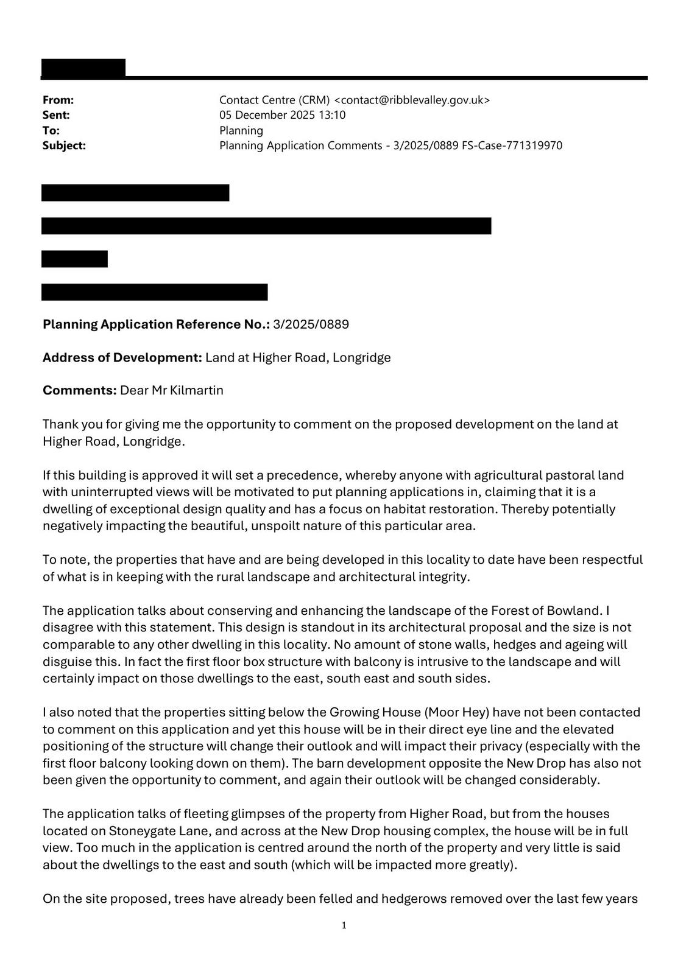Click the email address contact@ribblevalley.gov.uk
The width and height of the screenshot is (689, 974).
[412, 100]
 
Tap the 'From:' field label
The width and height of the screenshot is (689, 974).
[58, 100]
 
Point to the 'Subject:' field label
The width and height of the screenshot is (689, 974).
[64, 145]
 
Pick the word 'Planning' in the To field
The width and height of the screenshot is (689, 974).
[241, 130]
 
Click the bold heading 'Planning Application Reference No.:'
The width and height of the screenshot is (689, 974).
[156, 324]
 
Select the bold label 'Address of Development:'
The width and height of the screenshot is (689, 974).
[122, 357]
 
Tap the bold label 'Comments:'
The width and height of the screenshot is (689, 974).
[79, 390]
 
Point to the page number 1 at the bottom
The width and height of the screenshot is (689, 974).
[344, 925]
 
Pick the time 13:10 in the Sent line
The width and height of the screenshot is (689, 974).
[332, 115]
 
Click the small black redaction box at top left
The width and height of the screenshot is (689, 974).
[83, 68]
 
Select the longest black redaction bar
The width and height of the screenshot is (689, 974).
[266, 226]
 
